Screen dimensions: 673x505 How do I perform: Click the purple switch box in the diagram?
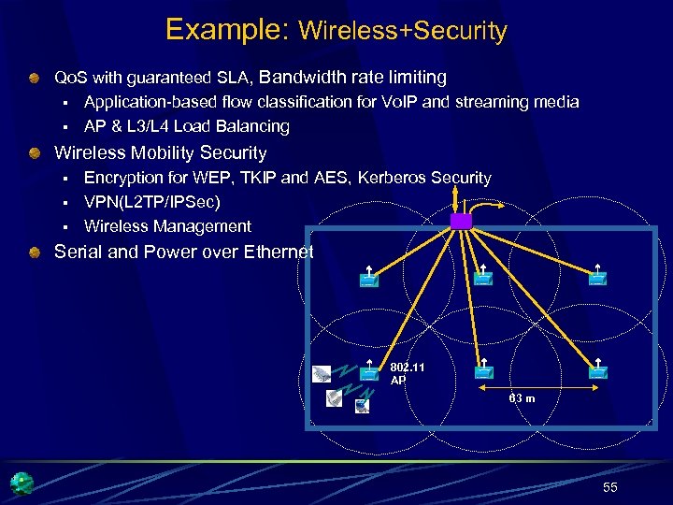tap(462, 221)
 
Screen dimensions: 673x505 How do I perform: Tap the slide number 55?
tap(610, 487)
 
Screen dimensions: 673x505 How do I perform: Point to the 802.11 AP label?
tap(407, 374)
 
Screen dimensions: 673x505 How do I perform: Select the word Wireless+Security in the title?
tap(402, 31)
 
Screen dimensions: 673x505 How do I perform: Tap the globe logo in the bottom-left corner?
tap(21, 483)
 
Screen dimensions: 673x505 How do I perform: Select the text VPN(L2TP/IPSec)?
tap(152, 202)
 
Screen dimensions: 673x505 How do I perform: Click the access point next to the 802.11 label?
tap(369, 372)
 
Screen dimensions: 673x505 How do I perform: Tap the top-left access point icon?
tap(369, 278)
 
